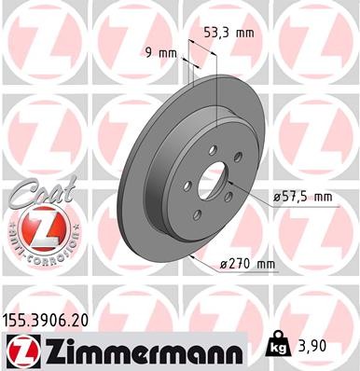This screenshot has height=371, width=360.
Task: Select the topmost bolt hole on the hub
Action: coord(214,146)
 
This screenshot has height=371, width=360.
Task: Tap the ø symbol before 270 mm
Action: coord(222,265)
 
